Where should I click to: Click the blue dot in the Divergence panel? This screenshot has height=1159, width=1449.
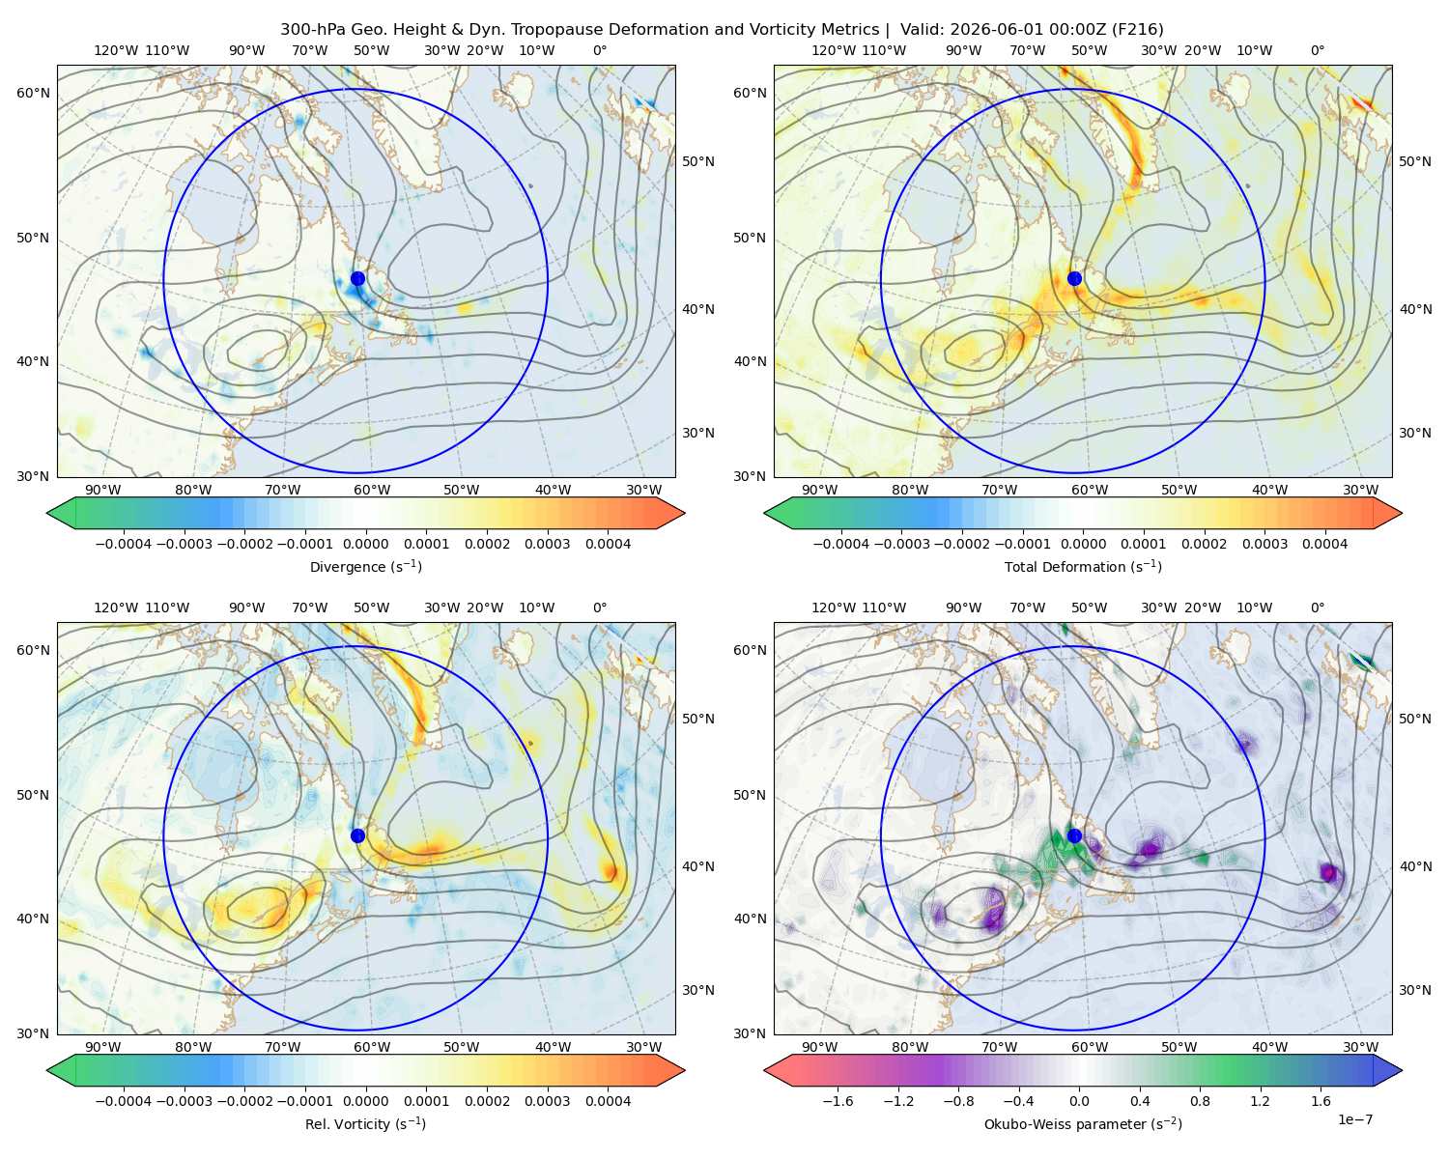tap(357, 279)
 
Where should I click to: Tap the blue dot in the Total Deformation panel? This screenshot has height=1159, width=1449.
tap(1074, 279)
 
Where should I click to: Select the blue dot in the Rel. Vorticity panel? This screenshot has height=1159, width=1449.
tap(357, 835)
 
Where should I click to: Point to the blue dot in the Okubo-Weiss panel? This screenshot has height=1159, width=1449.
tap(1074, 835)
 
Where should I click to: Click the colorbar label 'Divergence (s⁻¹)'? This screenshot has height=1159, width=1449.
tap(365, 567)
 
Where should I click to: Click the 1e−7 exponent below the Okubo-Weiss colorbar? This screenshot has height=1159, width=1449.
tap(1354, 1120)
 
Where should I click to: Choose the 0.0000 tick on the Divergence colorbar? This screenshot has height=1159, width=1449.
tap(365, 544)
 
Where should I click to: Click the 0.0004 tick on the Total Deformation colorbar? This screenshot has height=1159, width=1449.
tap(1324, 544)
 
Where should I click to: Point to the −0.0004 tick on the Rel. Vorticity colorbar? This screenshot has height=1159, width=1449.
tap(124, 1101)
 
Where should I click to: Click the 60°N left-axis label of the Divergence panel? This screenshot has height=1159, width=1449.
tap(33, 93)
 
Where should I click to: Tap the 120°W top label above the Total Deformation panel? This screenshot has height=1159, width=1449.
tap(833, 50)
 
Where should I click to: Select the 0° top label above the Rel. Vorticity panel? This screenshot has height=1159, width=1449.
tap(600, 608)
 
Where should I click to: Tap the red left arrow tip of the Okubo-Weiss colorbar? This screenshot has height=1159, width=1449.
tap(766, 1070)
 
